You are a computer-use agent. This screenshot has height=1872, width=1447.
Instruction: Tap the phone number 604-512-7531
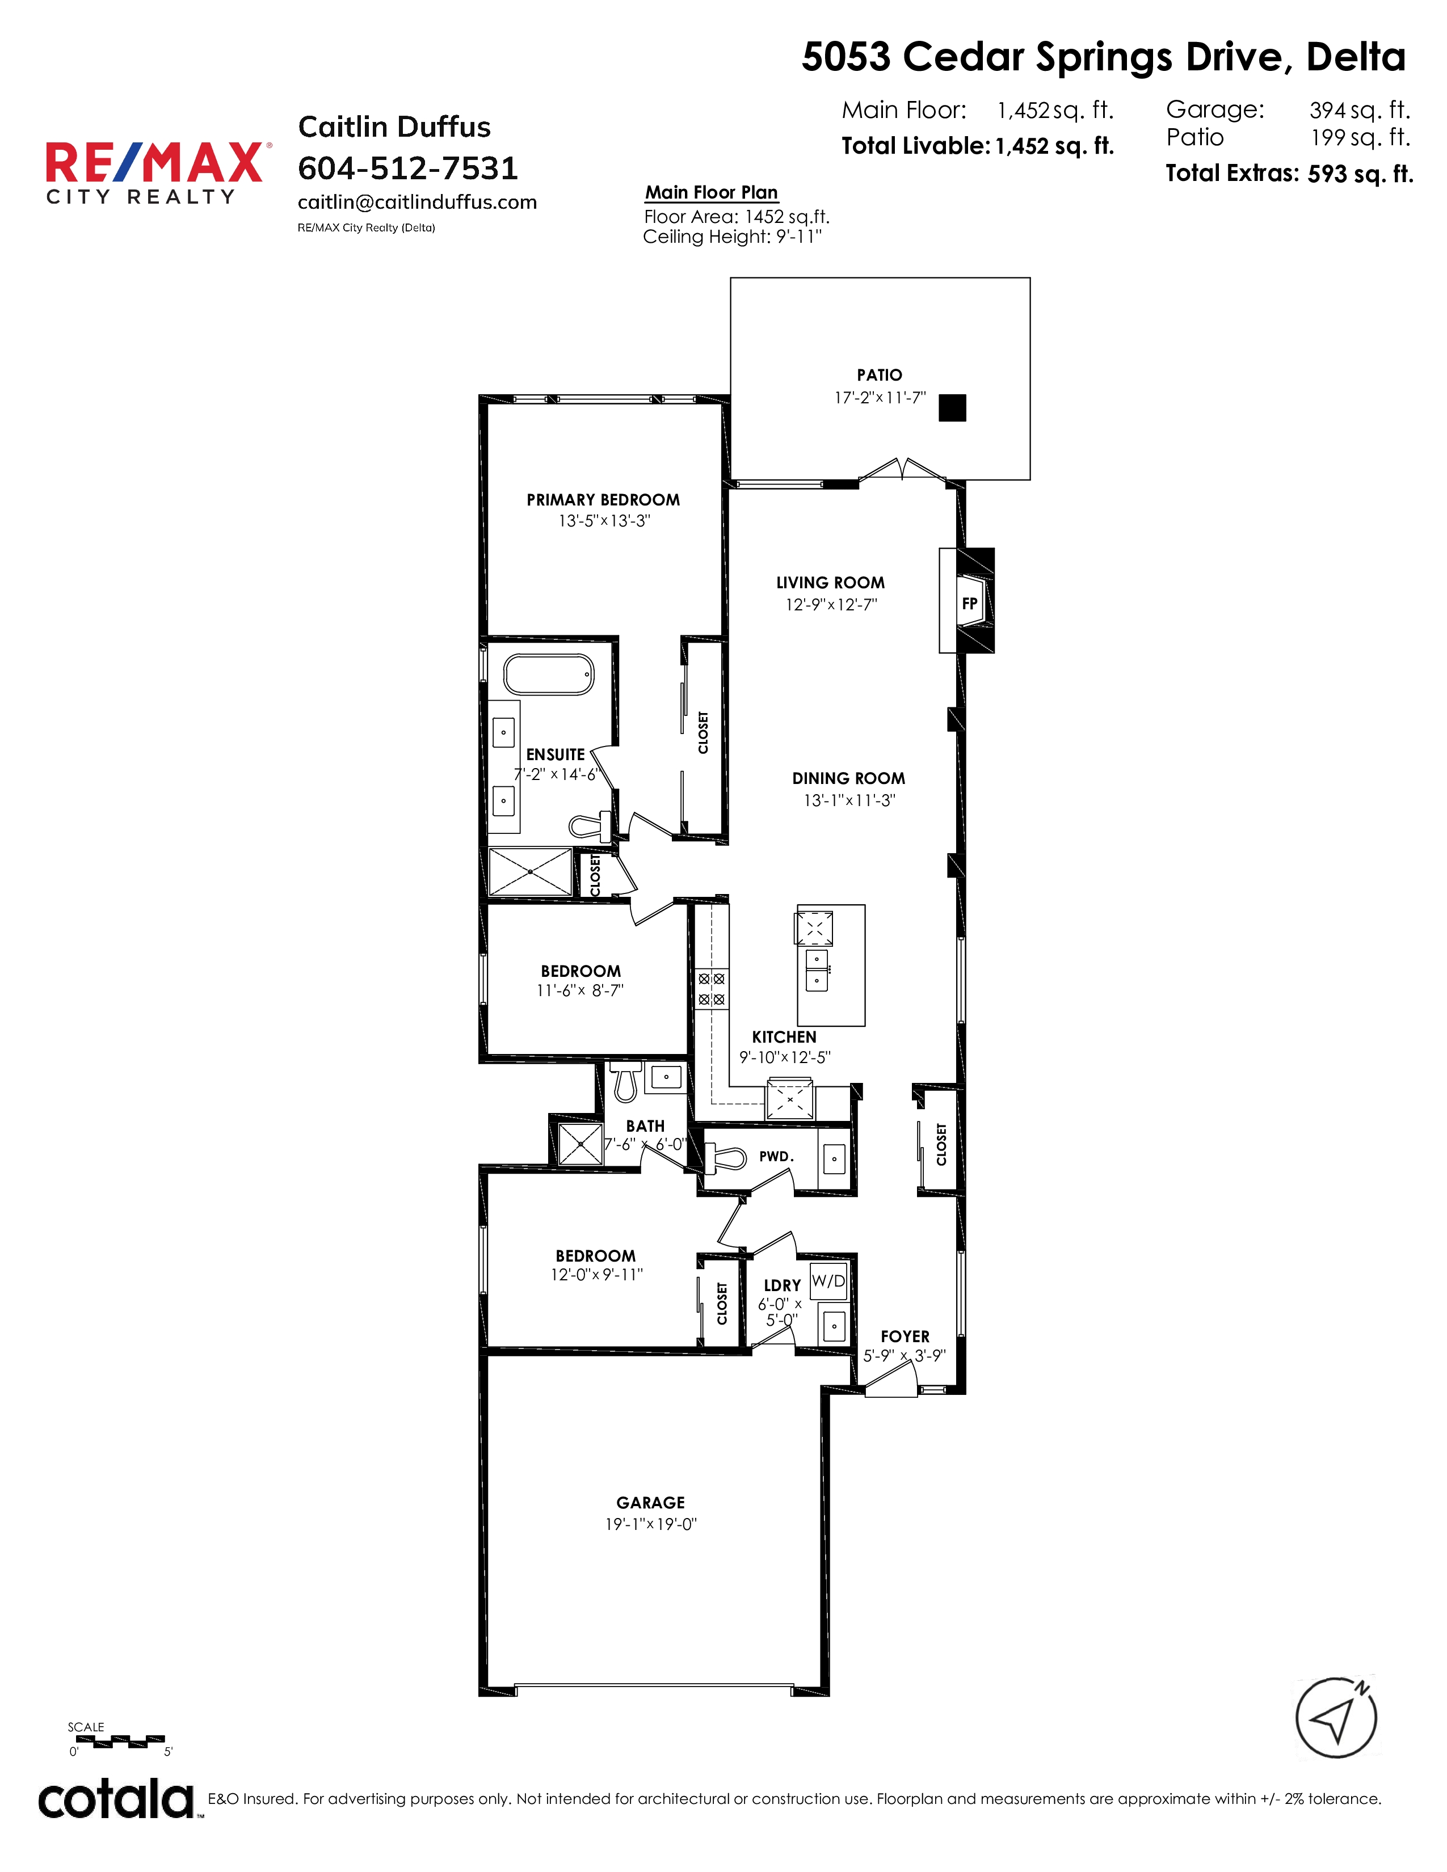(x=408, y=168)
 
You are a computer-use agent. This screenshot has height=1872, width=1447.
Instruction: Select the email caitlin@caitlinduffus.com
(x=418, y=203)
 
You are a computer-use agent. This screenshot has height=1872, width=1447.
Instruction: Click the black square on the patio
(x=952, y=408)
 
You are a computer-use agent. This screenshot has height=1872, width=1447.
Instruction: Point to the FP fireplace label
(x=970, y=604)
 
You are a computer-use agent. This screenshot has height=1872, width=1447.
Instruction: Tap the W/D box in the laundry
(x=828, y=1280)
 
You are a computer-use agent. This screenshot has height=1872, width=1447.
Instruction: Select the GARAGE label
(x=651, y=1503)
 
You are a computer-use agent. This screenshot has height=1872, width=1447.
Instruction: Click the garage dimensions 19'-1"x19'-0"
(x=651, y=1524)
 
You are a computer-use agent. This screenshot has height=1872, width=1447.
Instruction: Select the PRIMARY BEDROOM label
(x=604, y=500)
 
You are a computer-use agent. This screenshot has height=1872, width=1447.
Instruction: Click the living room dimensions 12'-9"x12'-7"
(x=831, y=604)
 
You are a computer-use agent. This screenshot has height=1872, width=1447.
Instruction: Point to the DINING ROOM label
(x=849, y=778)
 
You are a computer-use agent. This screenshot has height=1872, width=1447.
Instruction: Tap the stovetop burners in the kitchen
(x=712, y=988)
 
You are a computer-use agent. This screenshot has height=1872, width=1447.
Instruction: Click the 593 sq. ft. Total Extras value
(x=1360, y=174)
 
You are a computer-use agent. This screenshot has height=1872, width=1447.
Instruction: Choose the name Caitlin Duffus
(x=394, y=127)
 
